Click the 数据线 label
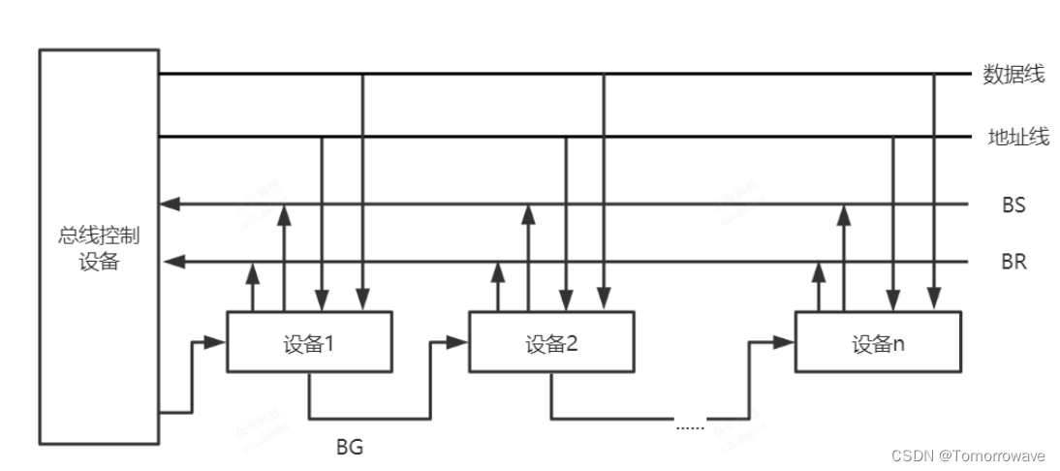[x=1013, y=75]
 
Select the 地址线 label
[x=1017, y=138]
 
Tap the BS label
[x=1013, y=205]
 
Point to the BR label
[x=1014, y=262]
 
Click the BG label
[x=350, y=448]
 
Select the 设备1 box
[x=310, y=342]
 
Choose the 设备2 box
[x=552, y=342]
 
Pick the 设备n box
[x=878, y=342]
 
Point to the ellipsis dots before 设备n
[x=690, y=424]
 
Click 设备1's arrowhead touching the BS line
[x=284, y=211]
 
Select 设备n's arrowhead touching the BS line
[x=844, y=211]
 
